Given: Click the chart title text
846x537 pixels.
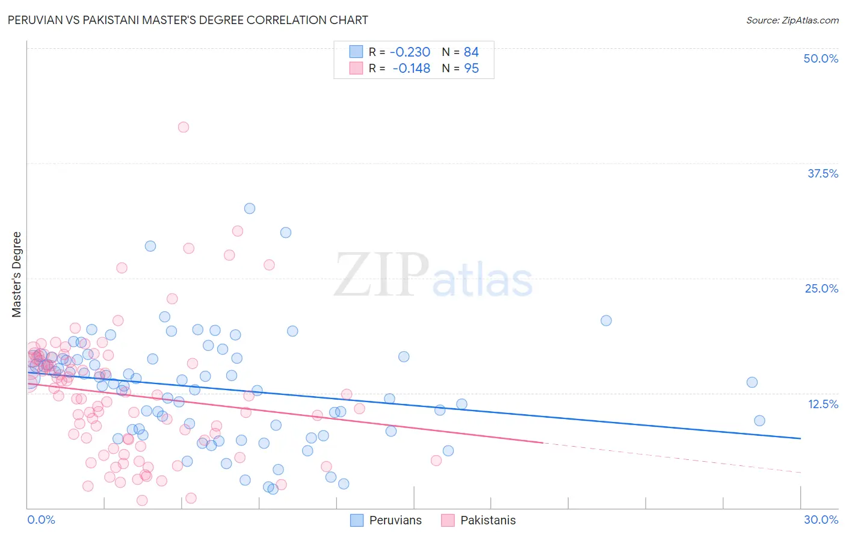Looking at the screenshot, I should tap(188, 20).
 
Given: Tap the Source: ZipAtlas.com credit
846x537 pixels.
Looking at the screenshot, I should tap(792, 20).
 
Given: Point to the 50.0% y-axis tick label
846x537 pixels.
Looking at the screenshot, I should tap(821, 58).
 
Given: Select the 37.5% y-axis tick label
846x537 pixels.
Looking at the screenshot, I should tap(823, 173).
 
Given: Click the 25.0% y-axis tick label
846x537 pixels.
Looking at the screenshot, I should tap(821, 288).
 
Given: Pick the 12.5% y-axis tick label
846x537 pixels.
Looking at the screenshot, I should tap(823, 404).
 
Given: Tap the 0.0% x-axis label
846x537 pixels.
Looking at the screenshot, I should tap(41, 520).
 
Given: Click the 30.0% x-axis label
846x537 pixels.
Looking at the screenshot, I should tap(821, 520).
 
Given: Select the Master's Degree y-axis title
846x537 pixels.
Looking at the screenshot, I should tap(17, 275).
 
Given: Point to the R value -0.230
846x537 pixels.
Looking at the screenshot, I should tap(410, 52).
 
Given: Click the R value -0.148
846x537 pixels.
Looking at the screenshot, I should tap(411, 69).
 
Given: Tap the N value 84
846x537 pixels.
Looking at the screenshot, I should tap(471, 52).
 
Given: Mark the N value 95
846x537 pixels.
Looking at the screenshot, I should tap(471, 69).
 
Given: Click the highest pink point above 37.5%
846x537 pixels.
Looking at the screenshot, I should tap(184, 127).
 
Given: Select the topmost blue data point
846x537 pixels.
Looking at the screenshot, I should tap(250, 208).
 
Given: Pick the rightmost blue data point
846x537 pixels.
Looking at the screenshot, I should tap(759, 421).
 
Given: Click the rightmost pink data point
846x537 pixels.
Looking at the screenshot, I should tap(436, 461).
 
